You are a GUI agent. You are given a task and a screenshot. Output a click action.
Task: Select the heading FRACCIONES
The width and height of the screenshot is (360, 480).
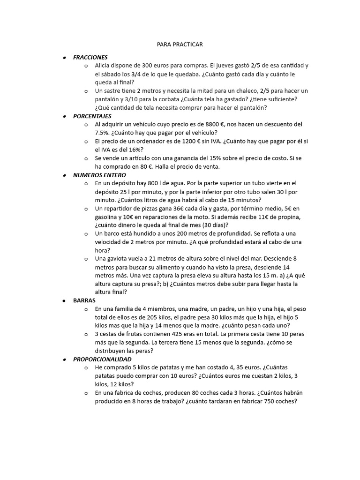(90, 57)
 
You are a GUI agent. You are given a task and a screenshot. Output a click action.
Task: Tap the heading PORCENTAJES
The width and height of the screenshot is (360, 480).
(92, 116)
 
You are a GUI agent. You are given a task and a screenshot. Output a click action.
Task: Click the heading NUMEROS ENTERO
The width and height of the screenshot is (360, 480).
(99, 175)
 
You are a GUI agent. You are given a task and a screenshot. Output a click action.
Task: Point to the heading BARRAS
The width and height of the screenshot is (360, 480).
(84, 300)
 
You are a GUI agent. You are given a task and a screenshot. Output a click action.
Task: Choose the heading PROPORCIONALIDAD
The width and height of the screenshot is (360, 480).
(102, 359)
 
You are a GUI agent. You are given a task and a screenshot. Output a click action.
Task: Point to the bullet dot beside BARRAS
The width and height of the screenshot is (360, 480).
(64, 300)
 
